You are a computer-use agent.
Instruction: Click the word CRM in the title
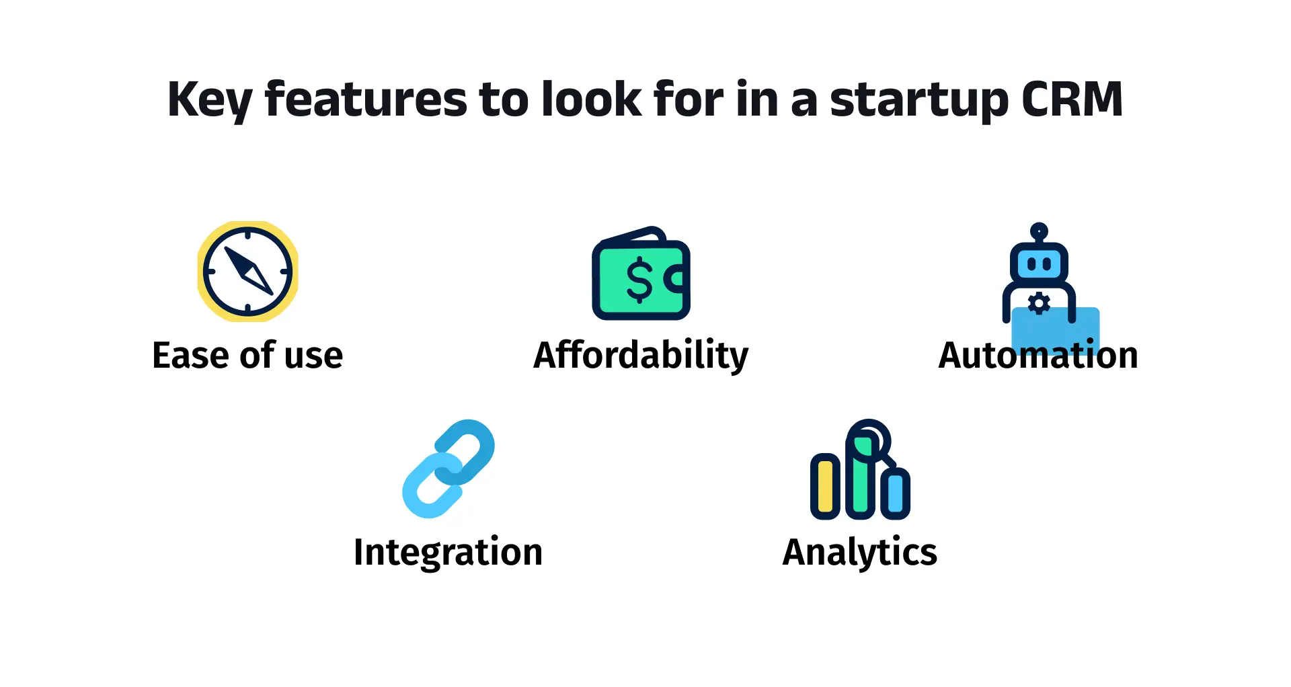(x=1072, y=99)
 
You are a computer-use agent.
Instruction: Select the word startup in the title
(x=920, y=101)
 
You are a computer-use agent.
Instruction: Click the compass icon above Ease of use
(x=247, y=272)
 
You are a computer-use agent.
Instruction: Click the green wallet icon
(x=641, y=273)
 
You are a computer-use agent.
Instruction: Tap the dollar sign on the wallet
(x=639, y=280)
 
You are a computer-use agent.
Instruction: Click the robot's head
(x=1039, y=263)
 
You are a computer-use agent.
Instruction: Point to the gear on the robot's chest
(x=1039, y=304)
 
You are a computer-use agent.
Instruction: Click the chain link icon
(x=448, y=469)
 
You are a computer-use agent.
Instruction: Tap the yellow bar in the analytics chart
(x=825, y=486)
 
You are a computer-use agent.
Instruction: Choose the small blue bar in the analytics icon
(x=896, y=493)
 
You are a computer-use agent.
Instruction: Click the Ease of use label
(x=247, y=355)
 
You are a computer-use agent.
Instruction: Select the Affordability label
(x=641, y=355)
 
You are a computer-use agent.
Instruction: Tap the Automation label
(x=1038, y=355)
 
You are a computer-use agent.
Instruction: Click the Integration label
(x=448, y=553)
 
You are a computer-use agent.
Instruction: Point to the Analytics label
(x=860, y=553)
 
